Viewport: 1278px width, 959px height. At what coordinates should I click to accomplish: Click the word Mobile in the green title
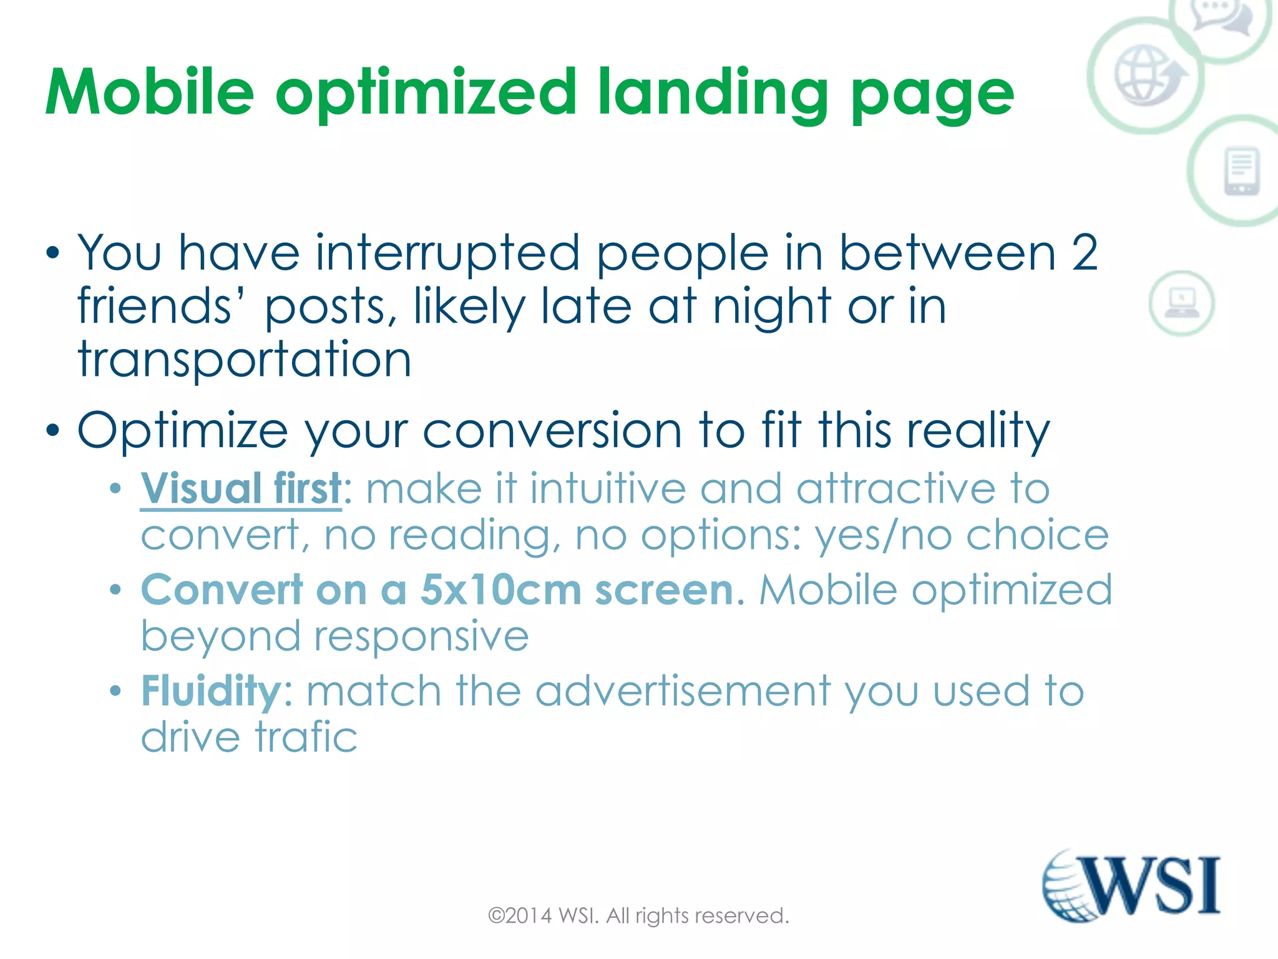click(x=150, y=92)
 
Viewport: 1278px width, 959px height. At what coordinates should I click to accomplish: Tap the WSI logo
click(x=1131, y=885)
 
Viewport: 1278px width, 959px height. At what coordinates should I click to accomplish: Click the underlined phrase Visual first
click(x=241, y=488)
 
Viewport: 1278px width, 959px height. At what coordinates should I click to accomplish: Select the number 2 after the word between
click(x=1085, y=253)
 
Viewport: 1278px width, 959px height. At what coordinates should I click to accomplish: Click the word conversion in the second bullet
click(x=552, y=431)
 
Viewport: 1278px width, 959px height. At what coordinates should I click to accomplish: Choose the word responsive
click(x=421, y=636)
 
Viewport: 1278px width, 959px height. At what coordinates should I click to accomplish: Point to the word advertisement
click(x=683, y=691)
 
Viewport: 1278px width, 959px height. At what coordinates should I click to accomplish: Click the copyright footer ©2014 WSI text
click(x=638, y=916)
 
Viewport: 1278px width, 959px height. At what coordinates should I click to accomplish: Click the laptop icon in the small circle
click(x=1181, y=303)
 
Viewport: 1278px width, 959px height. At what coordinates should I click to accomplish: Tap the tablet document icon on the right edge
click(x=1241, y=171)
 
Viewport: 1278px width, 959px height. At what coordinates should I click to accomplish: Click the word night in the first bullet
click(x=772, y=307)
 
